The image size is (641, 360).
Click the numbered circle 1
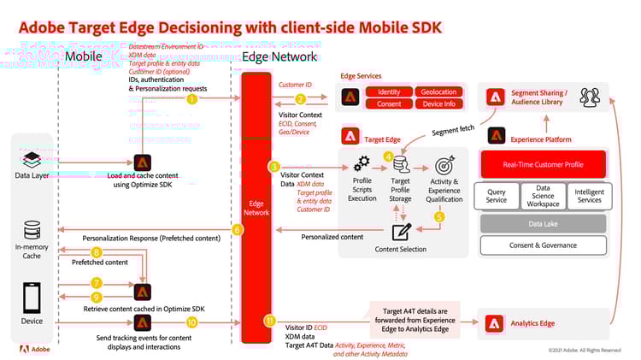coord(191,99)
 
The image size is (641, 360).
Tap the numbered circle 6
coord(238,230)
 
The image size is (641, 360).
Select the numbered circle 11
coord(269,322)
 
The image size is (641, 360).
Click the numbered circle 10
coord(191,322)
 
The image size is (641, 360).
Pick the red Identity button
coord(389,91)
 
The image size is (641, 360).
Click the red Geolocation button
coord(439,91)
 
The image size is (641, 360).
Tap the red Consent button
coord(389,104)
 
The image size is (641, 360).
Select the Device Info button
coord(439,104)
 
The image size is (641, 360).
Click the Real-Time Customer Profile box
coord(544,165)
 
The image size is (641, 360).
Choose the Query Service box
coord(496,196)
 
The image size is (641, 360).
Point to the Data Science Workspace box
coord(543,196)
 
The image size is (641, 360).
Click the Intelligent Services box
coord(590,196)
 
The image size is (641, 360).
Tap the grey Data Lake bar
coord(544,223)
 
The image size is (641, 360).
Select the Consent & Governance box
coord(544,245)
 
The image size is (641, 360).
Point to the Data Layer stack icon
coord(32,159)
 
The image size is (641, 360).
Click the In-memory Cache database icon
coord(32,230)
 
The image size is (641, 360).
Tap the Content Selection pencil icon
coord(401,231)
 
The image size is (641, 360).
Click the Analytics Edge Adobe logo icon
coord(495,323)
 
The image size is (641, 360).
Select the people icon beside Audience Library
coord(590,97)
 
